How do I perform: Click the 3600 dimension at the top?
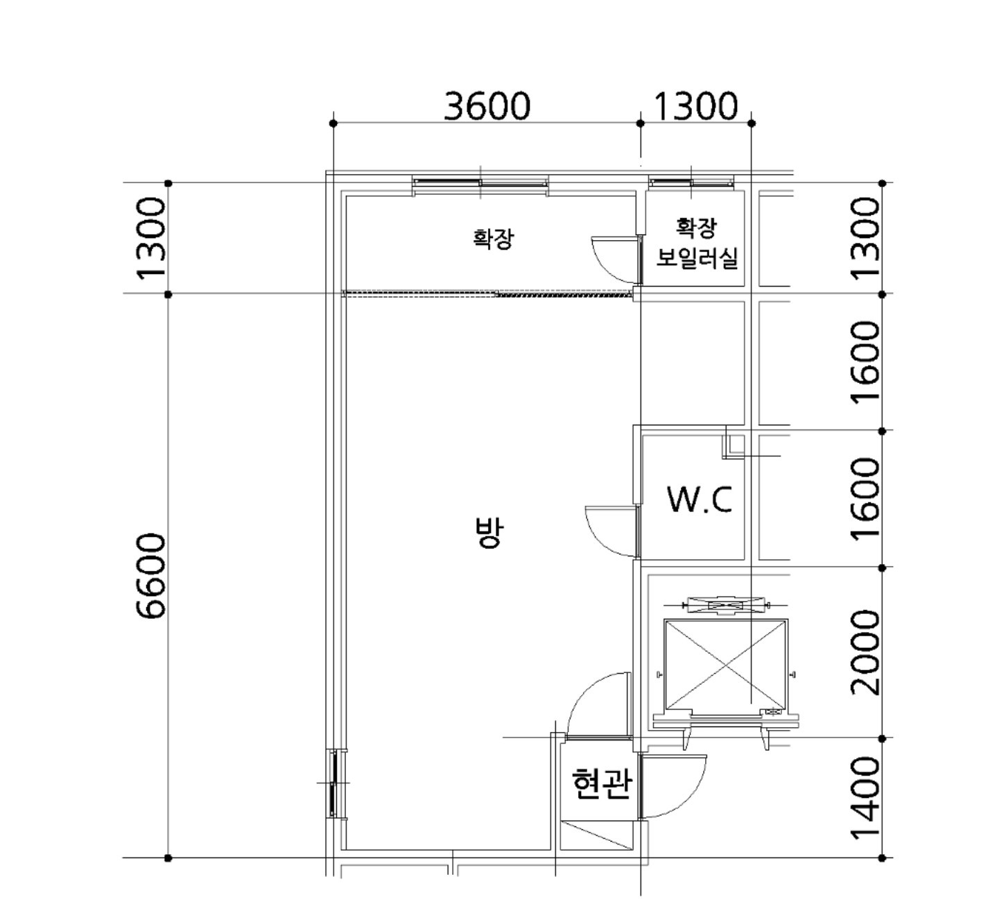click(487, 106)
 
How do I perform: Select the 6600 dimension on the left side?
click(150, 575)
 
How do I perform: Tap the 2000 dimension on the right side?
click(865, 652)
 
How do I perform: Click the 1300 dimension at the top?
click(696, 106)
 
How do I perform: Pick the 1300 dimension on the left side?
click(150, 238)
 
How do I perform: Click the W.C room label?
click(700, 499)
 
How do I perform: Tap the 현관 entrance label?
click(601, 783)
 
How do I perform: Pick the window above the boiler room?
click(691, 182)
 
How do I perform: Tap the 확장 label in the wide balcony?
click(494, 238)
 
